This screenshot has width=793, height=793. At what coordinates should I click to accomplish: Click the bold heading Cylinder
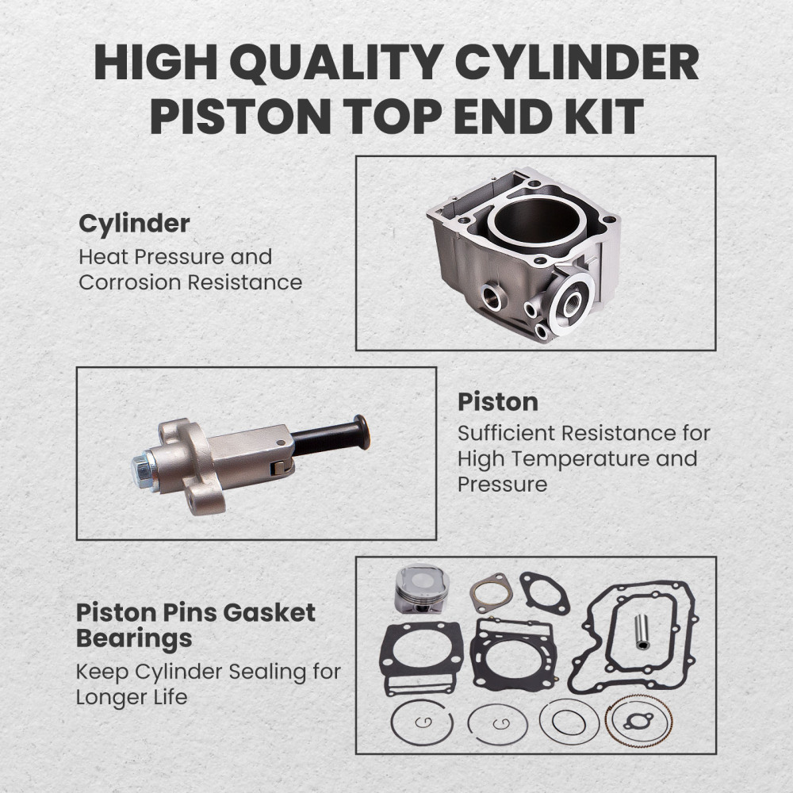pyautogui.click(x=134, y=224)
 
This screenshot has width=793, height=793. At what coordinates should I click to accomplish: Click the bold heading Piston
pyautogui.click(x=497, y=402)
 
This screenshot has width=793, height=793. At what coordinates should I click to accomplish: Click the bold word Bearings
pyautogui.click(x=134, y=638)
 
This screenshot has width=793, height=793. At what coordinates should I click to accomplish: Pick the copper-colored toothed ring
pyautogui.click(x=638, y=721)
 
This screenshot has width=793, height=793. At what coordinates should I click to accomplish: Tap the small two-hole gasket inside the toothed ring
pyautogui.click(x=638, y=722)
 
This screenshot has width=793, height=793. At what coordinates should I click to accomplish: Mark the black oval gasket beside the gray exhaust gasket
pyautogui.click(x=545, y=592)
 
